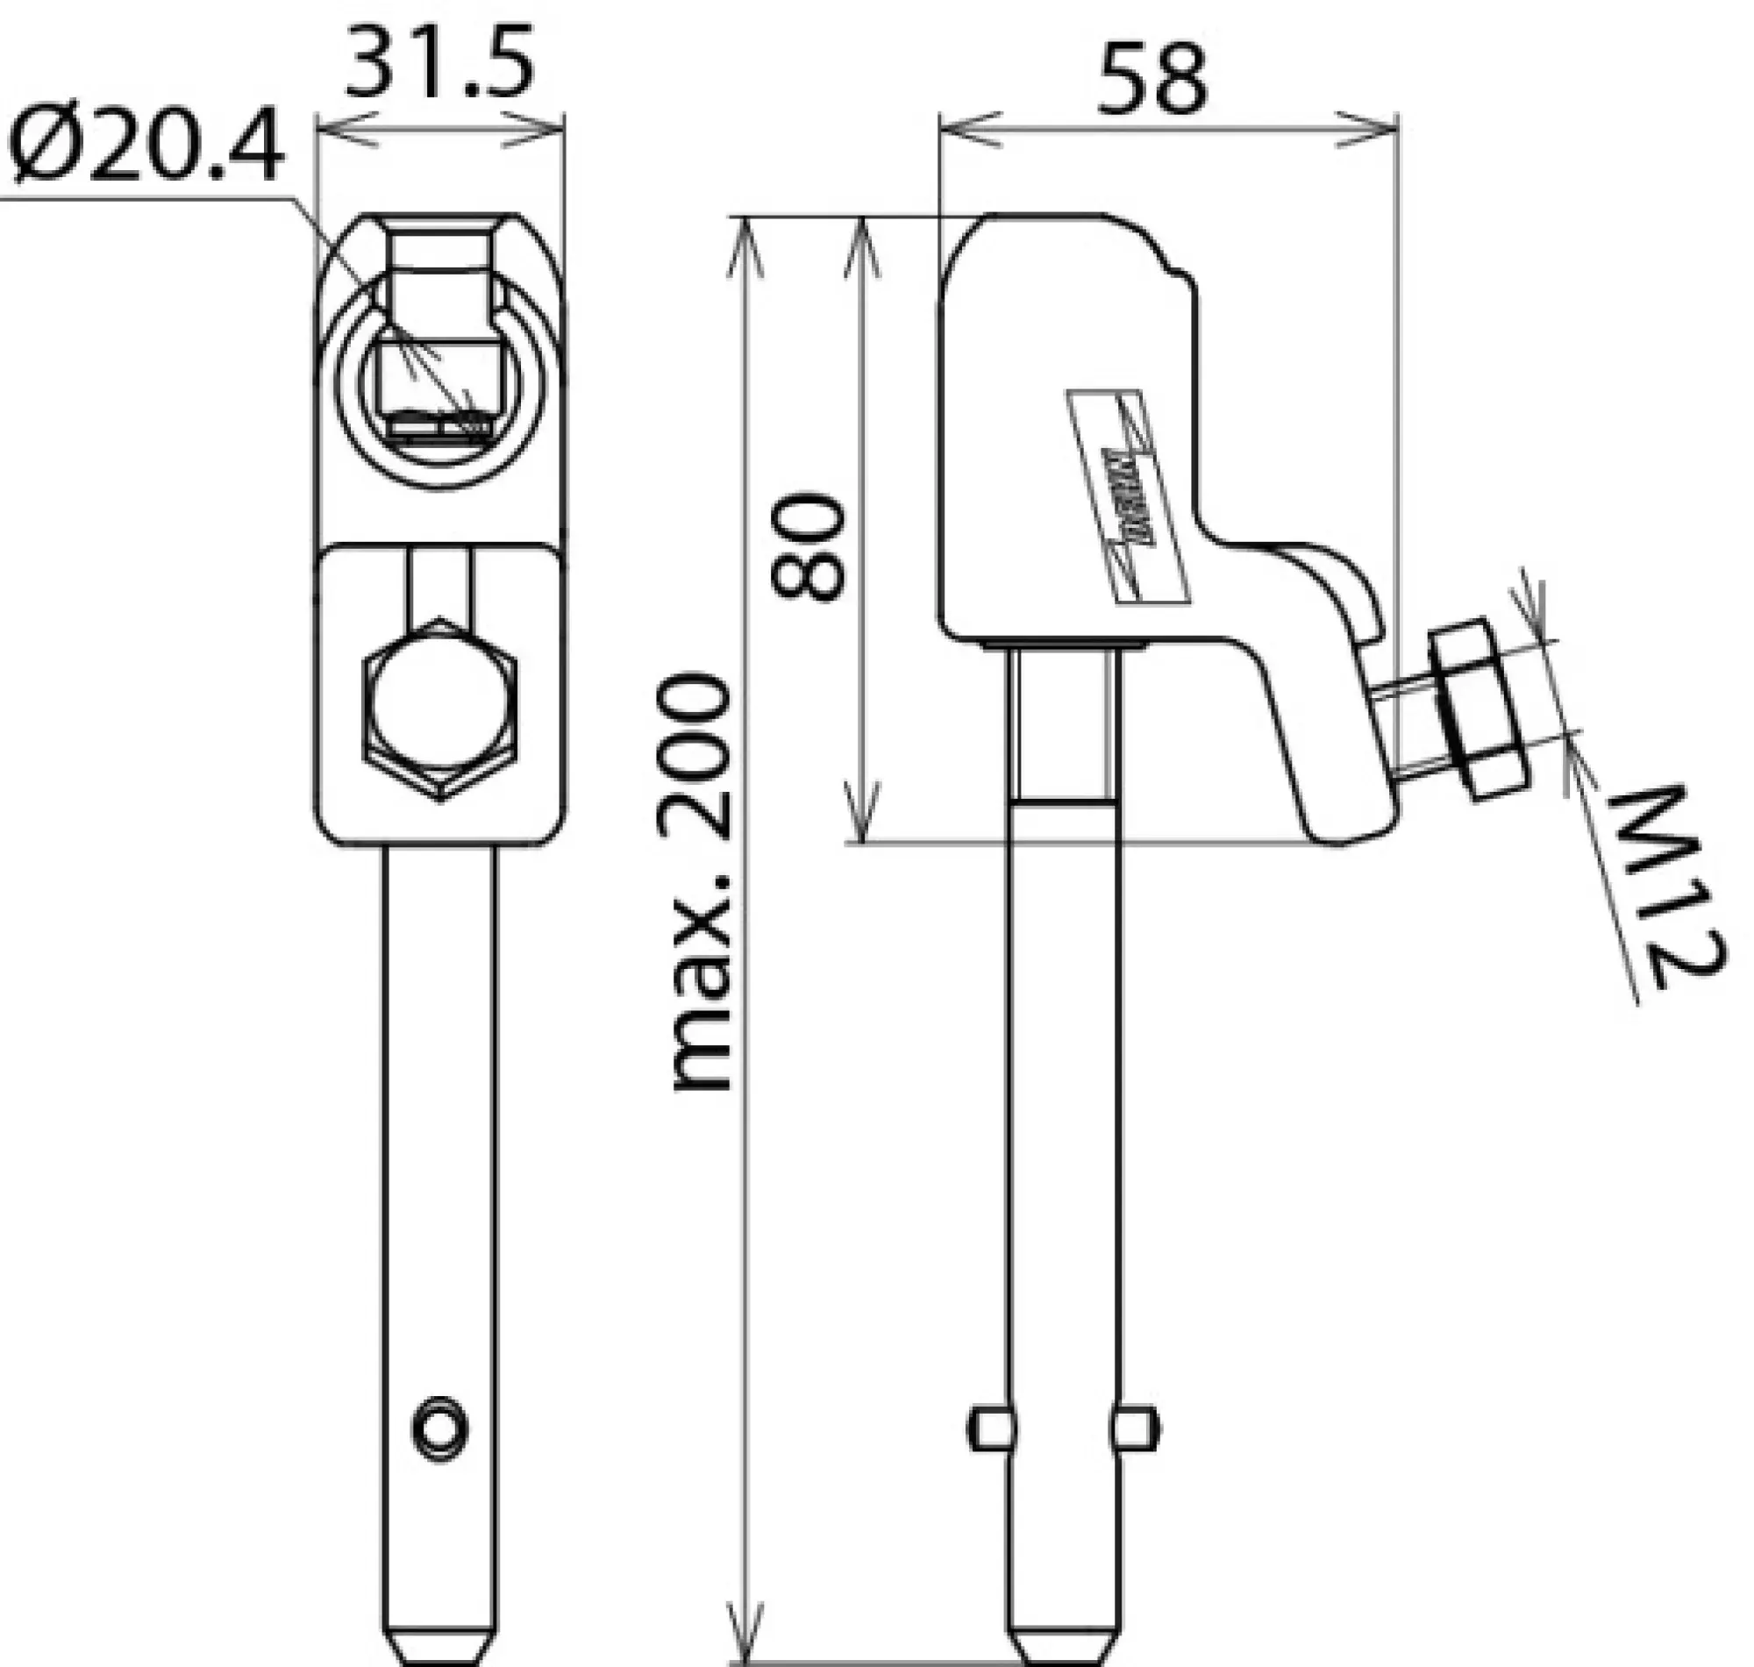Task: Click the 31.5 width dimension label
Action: [x=439, y=62]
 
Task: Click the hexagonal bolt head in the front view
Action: [x=439, y=709]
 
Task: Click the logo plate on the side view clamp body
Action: [x=1128, y=495]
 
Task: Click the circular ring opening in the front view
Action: [x=440, y=382]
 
